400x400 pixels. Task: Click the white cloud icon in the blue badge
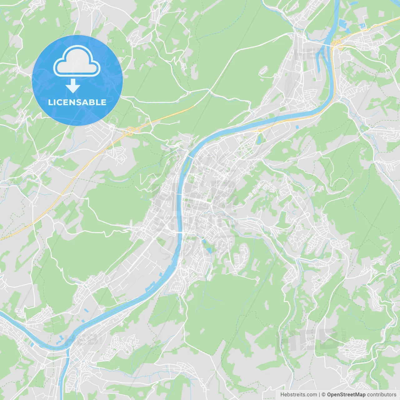(x=77, y=61)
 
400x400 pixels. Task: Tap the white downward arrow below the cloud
(x=73, y=86)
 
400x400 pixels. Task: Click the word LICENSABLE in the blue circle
(x=77, y=102)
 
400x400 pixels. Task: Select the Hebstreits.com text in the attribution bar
(x=298, y=395)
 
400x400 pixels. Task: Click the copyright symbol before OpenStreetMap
(x=324, y=395)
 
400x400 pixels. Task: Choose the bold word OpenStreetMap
(x=346, y=395)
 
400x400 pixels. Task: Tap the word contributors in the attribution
(x=382, y=395)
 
